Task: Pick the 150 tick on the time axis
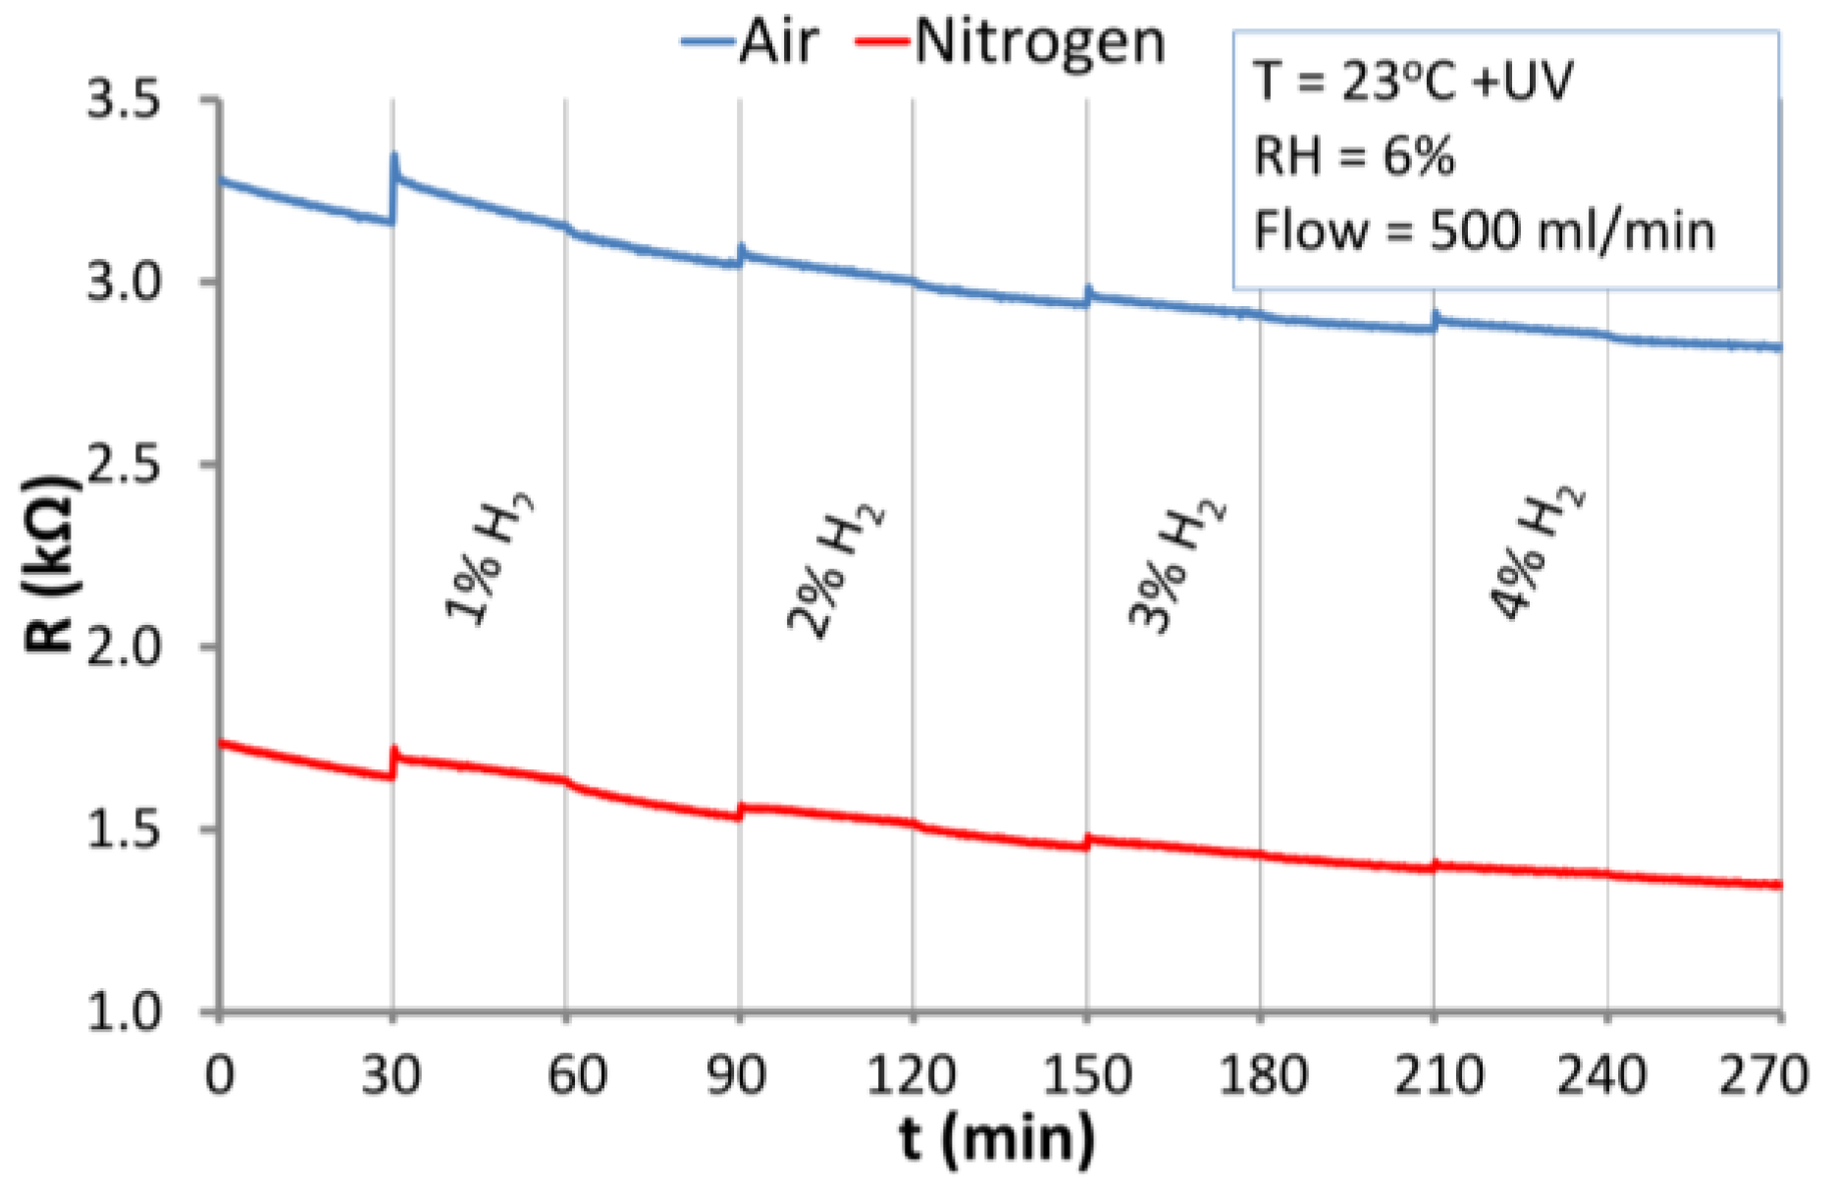(x=1086, y=1074)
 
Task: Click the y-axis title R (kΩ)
(x=51, y=564)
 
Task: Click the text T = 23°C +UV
(x=1413, y=80)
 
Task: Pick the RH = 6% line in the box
(x=1354, y=156)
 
